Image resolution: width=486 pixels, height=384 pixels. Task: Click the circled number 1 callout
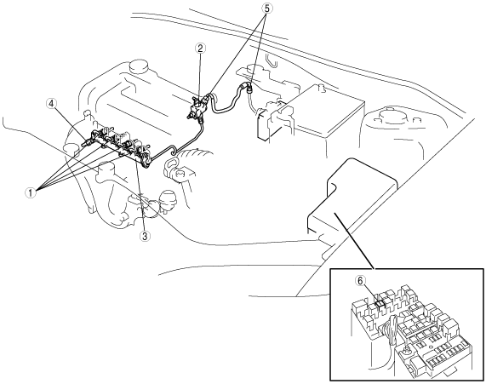pyautogui.click(x=30, y=193)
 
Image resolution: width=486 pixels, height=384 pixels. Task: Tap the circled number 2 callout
pyautogui.click(x=200, y=49)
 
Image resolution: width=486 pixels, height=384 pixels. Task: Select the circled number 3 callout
pyautogui.click(x=144, y=236)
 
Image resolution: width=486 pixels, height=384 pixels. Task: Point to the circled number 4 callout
pyautogui.click(x=51, y=104)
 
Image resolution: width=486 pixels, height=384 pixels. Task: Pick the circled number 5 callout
pyautogui.click(x=267, y=9)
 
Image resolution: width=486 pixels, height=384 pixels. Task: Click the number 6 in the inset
pyautogui.click(x=360, y=280)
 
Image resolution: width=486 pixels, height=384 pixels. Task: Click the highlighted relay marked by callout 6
pyautogui.click(x=380, y=304)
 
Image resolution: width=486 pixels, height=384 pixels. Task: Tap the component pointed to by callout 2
pyautogui.click(x=197, y=107)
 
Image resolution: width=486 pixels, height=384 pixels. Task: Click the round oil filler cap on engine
pyautogui.click(x=139, y=66)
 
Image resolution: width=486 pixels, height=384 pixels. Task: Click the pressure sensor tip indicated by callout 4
pyautogui.click(x=86, y=143)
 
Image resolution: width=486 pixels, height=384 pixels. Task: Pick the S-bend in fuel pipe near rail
pyautogui.click(x=173, y=152)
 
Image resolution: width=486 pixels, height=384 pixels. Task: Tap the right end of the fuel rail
pyautogui.click(x=147, y=162)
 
